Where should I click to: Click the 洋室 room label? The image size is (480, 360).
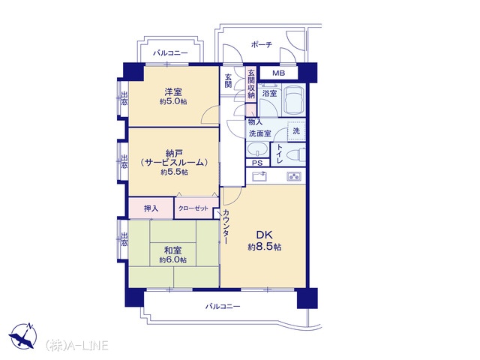click(173, 91)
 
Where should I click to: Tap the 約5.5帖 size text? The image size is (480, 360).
click(174, 172)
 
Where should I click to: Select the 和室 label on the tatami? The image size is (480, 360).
click(173, 250)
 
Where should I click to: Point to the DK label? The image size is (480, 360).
click(264, 235)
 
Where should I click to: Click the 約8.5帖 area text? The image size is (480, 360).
click(265, 247)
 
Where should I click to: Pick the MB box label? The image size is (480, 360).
click(278, 73)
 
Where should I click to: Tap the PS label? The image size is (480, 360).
click(257, 163)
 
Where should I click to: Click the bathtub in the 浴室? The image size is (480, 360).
click(293, 100)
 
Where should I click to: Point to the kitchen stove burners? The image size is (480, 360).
click(294, 176)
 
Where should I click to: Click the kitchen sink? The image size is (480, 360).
click(259, 177)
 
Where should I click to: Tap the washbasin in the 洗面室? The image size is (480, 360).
click(257, 150)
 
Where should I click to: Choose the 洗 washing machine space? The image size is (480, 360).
click(296, 131)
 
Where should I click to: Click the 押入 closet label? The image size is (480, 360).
click(151, 208)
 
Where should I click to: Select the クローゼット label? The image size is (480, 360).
click(193, 208)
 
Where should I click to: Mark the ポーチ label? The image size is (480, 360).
click(262, 45)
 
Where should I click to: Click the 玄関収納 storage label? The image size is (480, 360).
click(251, 84)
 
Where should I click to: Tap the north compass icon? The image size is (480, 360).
click(22, 335)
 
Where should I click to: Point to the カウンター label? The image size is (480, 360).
click(226, 226)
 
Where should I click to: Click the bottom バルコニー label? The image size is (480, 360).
click(223, 306)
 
